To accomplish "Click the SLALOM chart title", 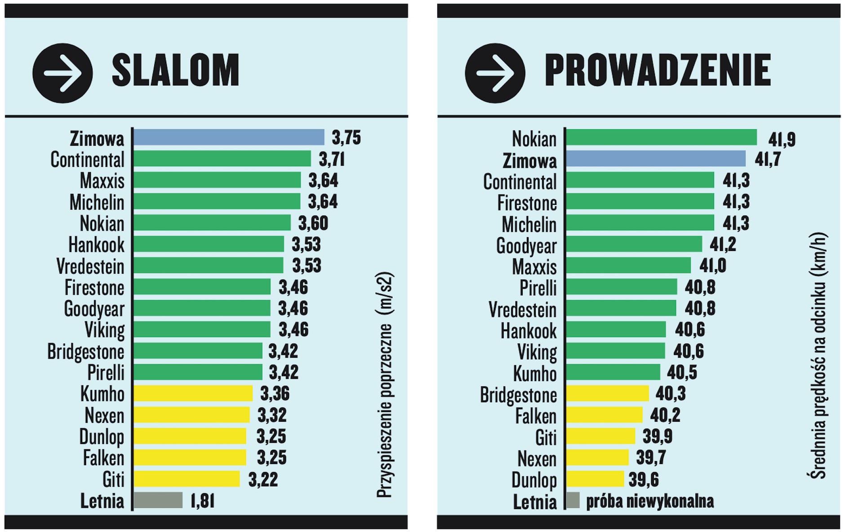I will (175, 70).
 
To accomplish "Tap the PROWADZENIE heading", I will (658, 70).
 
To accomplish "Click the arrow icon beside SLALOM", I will (62, 73).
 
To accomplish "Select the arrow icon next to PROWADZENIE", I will (495, 73).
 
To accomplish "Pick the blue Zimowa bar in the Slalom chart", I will (229, 137).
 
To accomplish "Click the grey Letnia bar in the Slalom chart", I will (158, 500).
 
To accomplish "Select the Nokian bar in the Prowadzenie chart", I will (661, 137).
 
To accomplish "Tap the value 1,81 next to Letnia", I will (202, 501).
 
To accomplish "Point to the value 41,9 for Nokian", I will (782, 139).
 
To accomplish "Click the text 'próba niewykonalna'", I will (649, 501).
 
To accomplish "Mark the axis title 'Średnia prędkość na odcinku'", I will (818, 355).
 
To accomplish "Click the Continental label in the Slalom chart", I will (87, 160).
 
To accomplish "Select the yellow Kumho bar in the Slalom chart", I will (193, 393).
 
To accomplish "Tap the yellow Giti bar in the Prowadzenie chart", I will (600, 436).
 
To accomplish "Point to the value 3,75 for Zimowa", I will (346, 137).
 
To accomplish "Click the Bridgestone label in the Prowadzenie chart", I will (518, 395).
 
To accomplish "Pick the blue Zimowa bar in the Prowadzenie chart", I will (655, 159).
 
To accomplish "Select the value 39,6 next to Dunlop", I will (644, 479).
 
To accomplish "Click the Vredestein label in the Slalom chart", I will (90, 266).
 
